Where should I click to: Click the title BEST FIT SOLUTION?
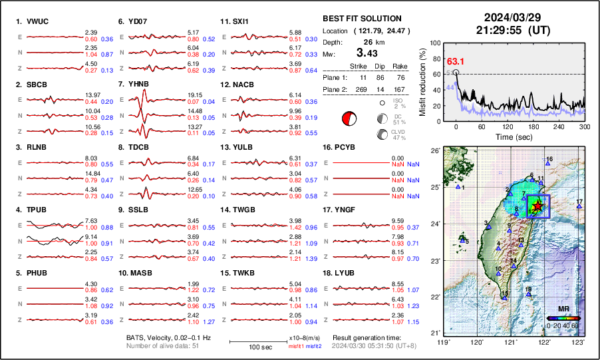pos(362,19)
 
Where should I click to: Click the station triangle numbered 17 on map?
pos(579,207)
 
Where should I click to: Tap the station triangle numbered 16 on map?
pos(547,163)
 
